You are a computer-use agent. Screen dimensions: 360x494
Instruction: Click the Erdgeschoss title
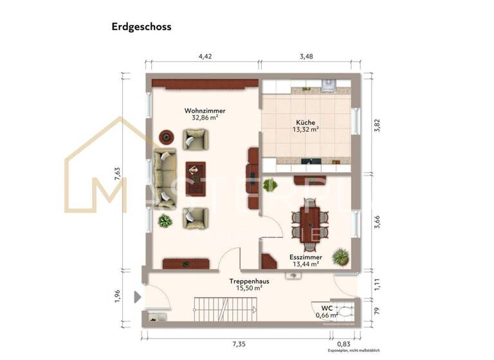(x=141, y=27)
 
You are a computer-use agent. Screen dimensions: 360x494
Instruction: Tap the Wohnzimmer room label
(x=205, y=111)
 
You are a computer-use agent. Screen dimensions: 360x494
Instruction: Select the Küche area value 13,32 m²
(x=306, y=129)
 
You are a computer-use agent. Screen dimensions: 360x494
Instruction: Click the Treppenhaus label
(x=248, y=282)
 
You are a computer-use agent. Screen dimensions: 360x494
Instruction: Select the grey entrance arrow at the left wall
(x=137, y=298)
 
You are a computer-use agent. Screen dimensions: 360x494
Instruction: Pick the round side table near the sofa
(x=166, y=136)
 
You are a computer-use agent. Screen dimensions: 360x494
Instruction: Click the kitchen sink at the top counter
(x=329, y=84)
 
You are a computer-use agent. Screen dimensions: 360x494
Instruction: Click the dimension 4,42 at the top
(x=205, y=57)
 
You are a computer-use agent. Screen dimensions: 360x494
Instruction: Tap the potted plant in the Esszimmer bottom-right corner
(x=340, y=256)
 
